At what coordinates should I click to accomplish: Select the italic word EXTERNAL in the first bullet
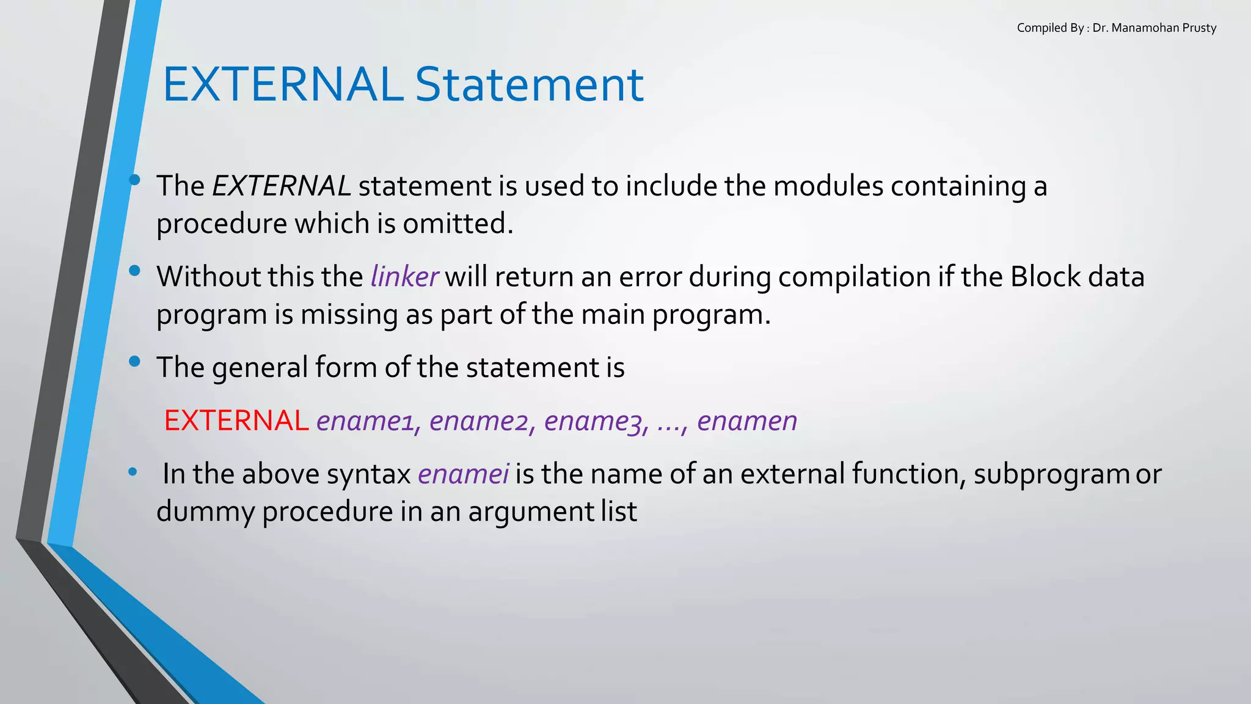[x=281, y=186]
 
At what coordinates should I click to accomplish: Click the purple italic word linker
[x=404, y=277]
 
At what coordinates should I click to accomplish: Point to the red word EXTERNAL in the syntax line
[x=236, y=420]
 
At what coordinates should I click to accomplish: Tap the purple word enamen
[x=747, y=421]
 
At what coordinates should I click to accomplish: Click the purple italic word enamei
[x=463, y=474]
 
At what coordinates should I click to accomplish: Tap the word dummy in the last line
[x=205, y=512]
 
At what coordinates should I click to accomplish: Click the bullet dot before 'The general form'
[x=134, y=362]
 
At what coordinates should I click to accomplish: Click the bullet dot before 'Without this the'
[x=134, y=271]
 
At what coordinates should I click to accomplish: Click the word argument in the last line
[x=530, y=512]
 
